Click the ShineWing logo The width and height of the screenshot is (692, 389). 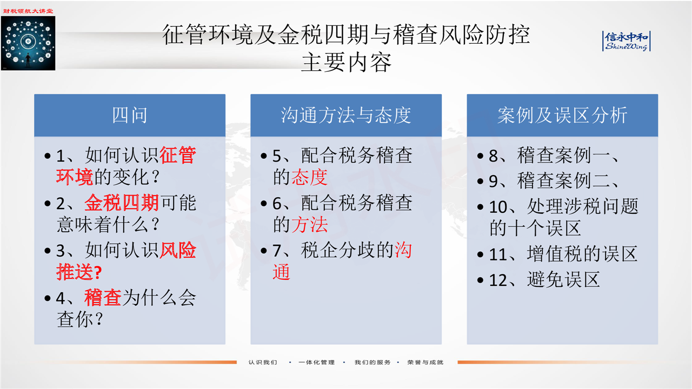click(627, 41)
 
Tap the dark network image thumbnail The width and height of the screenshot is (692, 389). click(28, 43)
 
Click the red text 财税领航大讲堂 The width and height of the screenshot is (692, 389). click(28, 11)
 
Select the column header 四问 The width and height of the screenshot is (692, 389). click(130, 115)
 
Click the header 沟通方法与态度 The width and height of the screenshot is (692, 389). click(346, 115)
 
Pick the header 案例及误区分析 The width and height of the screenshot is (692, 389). click(562, 115)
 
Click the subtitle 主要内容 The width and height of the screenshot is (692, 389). click(346, 62)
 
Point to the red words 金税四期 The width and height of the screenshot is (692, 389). click(122, 203)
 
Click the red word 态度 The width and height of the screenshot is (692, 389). click(310, 177)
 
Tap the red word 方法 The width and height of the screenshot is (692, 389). click(310, 224)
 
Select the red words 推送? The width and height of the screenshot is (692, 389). click(79, 272)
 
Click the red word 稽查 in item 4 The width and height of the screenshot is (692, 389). click(103, 298)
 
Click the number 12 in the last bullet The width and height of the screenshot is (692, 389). click(498, 280)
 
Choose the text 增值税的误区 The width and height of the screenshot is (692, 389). click(582, 254)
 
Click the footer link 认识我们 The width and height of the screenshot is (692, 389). click(263, 362)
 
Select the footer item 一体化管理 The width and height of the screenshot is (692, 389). click(317, 362)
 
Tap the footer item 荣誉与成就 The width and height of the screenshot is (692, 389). click(425, 362)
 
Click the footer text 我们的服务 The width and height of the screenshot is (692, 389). click(372, 362)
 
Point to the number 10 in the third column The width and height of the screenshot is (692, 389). click(498, 207)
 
